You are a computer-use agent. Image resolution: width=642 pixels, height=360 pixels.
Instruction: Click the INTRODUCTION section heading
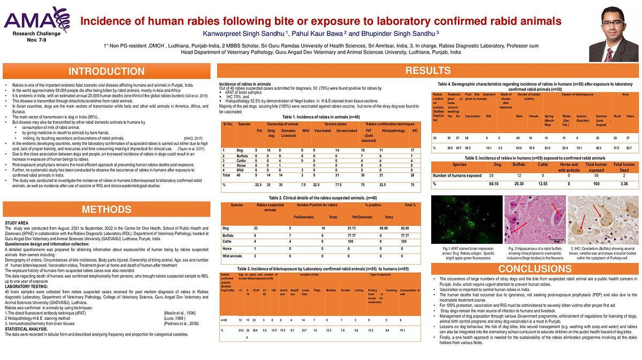tap(106, 72)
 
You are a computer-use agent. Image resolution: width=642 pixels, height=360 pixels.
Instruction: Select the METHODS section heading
tap(106, 209)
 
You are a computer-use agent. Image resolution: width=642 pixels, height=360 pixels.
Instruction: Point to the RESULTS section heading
tap(427, 71)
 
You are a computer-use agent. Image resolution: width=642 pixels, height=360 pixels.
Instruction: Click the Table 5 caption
tap(535, 158)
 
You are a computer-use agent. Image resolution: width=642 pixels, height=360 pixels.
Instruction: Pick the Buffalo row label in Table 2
tap(228, 235)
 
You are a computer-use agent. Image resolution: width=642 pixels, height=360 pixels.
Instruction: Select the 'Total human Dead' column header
tap(624, 167)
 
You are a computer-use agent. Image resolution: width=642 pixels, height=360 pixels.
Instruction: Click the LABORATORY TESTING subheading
tap(23, 287)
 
